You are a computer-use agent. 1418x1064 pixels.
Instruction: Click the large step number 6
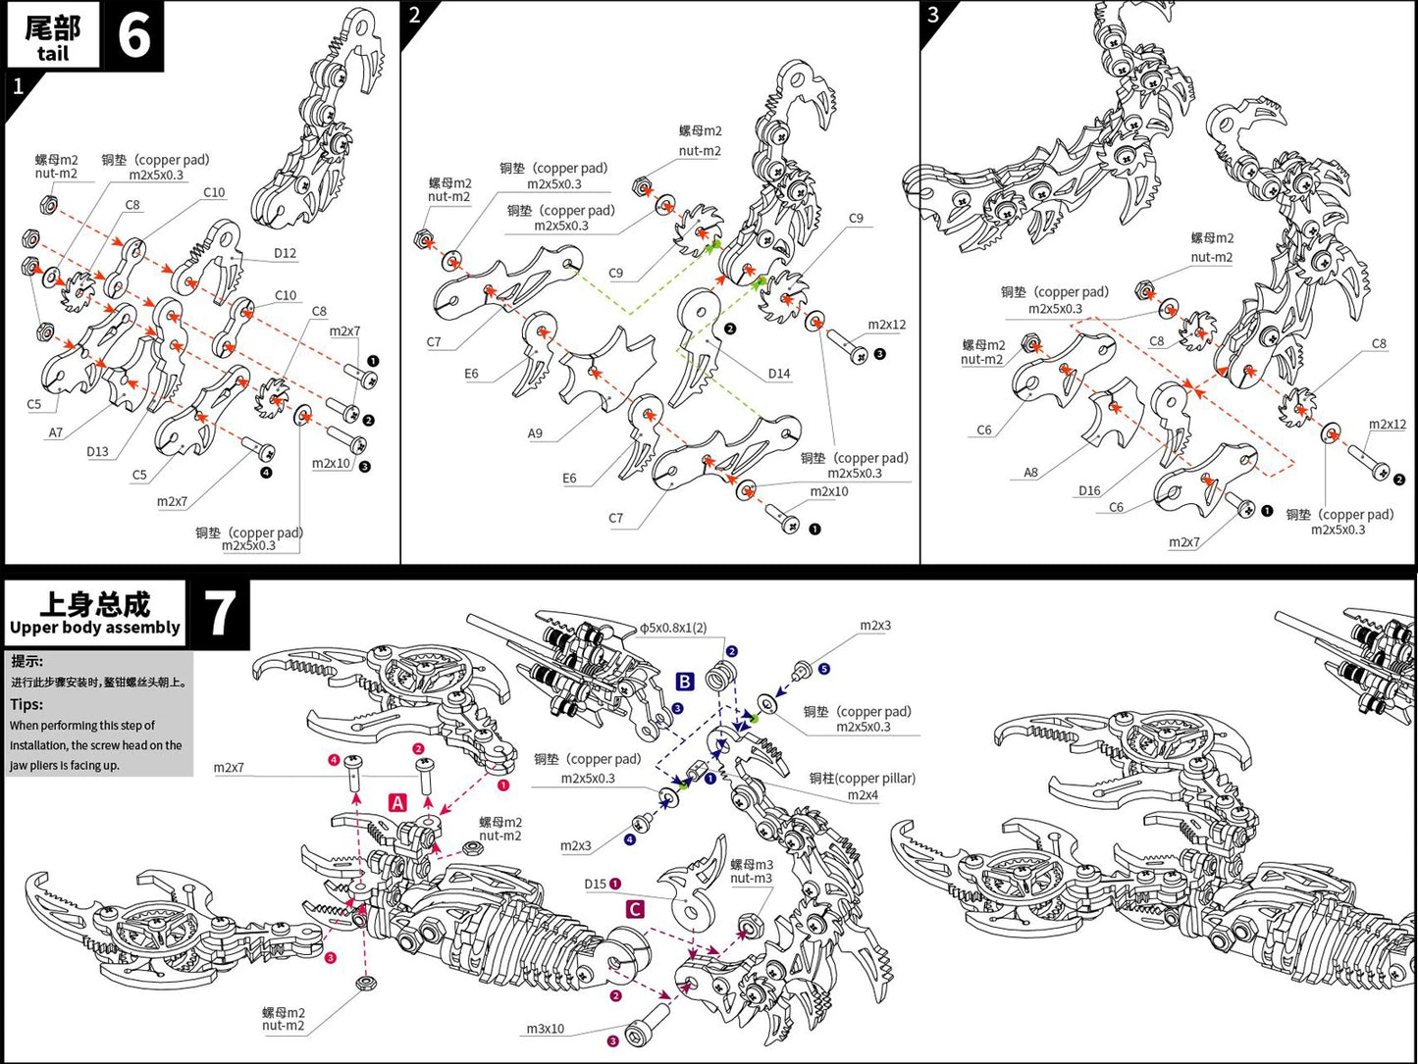[x=133, y=36]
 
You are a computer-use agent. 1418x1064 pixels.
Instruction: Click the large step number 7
[x=219, y=615]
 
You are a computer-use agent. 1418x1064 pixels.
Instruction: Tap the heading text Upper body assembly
[x=95, y=628]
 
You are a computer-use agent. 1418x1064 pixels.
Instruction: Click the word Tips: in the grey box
[x=26, y=704]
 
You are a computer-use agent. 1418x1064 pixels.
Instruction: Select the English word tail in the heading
[x=53, y=54]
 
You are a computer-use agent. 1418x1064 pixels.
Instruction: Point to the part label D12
[x=285, y=253]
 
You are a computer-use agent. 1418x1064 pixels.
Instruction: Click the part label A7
[x=56, y=432]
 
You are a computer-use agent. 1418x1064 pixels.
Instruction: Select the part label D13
[x=97, y=452]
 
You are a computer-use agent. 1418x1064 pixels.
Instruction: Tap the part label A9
[x=535, y=433]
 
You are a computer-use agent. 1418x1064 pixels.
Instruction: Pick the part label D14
[x=779, y=374]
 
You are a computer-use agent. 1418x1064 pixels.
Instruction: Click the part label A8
[x=1030, y=473]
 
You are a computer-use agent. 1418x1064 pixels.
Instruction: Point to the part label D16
[x=1089, y=490]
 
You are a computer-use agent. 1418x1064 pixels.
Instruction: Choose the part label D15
[x=596, y=884]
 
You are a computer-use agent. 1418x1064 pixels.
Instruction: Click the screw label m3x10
[x=546, y=1029]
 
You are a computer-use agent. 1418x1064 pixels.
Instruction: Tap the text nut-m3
[x=751, y=879]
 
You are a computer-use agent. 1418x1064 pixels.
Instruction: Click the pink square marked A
[x=397, y=803]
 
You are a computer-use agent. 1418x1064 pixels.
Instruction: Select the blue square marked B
[x=685, y=682]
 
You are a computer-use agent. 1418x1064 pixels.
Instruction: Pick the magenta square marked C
[x=635, y=909]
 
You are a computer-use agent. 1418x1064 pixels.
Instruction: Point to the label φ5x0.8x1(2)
[x=673, y=628]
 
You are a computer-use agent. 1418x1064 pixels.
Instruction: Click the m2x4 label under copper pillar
[x=863, y=794]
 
